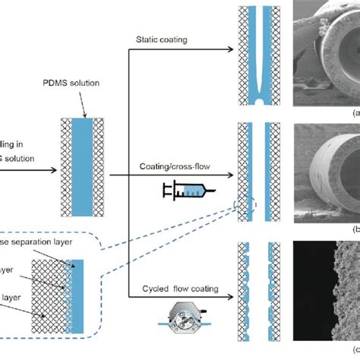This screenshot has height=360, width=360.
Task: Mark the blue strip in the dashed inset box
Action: pyautogui.click(x=77, y=292)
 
